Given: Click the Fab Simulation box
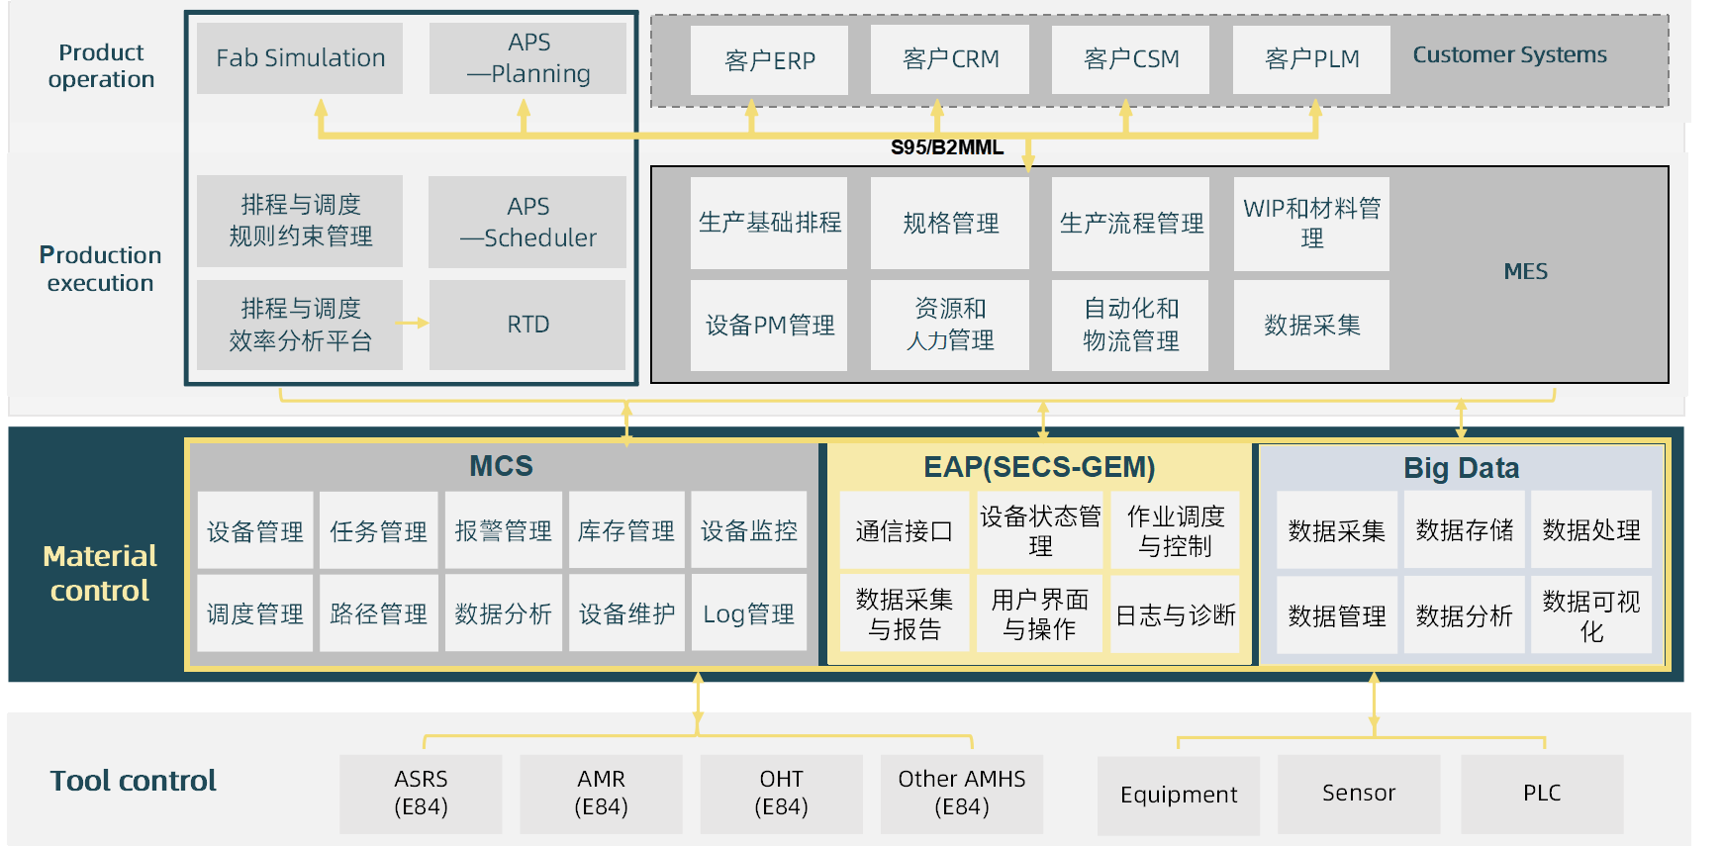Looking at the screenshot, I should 300,58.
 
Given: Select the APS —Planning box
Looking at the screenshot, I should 527,58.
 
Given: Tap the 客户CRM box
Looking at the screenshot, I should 950,59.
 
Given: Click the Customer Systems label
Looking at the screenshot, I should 1509,55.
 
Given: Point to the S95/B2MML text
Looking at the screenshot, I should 947,147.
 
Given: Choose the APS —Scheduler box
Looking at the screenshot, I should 527,222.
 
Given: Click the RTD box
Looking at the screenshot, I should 527,325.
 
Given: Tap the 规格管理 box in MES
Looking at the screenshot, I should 950,224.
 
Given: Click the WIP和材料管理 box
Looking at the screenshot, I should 1311,224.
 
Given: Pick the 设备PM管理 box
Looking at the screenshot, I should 769,326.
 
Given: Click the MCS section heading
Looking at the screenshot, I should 501,466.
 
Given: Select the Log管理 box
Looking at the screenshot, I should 748,614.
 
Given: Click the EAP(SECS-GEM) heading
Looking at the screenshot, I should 1039,467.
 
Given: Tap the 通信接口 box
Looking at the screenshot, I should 904,531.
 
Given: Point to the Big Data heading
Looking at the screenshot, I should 1461,468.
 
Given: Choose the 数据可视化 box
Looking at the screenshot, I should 1590,615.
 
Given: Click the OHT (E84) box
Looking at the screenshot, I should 781,794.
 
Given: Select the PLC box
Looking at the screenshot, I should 1542,794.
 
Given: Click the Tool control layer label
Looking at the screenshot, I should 133,781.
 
